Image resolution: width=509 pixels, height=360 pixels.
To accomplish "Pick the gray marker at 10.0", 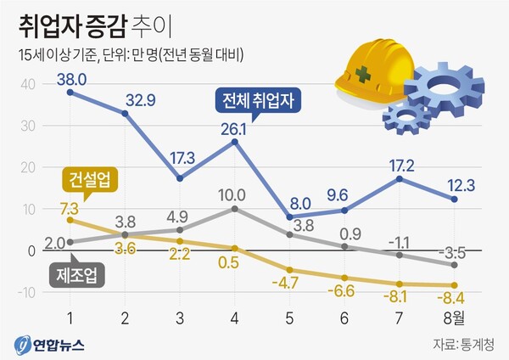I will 234,208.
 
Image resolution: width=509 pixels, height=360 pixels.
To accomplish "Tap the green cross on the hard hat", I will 363,74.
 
